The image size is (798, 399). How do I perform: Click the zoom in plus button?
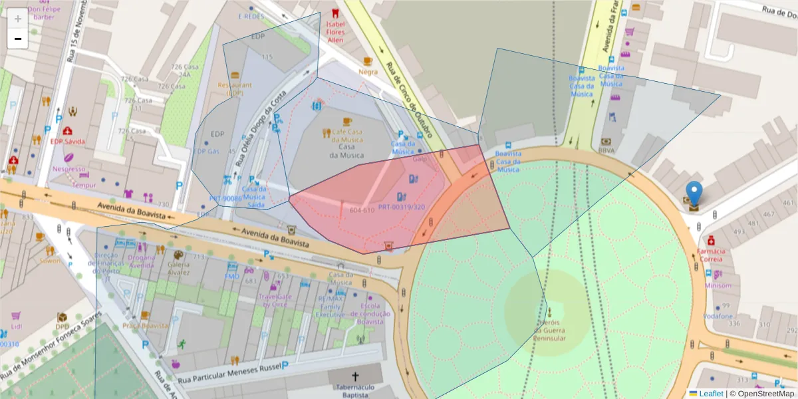point(18,19)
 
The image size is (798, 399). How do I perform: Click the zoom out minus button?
point(18,39)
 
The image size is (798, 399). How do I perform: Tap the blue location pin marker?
point(694,194)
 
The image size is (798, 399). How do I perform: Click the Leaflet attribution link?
point(710,394)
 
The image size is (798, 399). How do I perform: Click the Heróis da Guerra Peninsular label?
point(549,330)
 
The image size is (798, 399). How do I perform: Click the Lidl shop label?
point(17,327)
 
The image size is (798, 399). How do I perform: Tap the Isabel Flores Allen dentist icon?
point(335,13)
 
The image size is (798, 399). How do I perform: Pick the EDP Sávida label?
point(67,142)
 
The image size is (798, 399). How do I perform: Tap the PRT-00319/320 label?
point(401,207)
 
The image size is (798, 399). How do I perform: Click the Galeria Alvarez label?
point(178,268)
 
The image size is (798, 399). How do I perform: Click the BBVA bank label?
point(606,151)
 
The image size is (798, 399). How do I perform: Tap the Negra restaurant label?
point(368,72)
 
